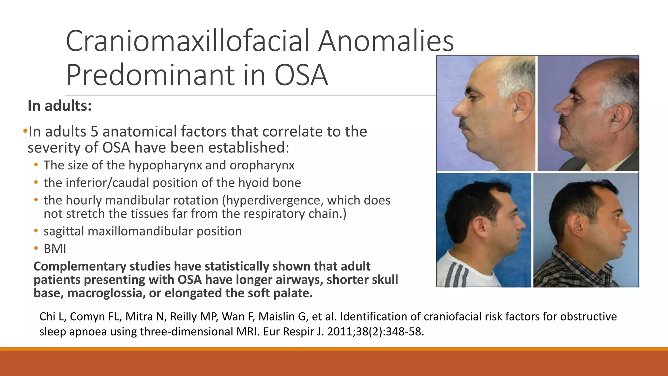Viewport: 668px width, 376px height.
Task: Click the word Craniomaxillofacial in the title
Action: [188, 41]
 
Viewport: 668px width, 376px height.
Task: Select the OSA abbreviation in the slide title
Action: [301, 75]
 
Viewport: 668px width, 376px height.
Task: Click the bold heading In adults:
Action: [60, 106]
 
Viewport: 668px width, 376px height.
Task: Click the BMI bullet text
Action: [55, 249]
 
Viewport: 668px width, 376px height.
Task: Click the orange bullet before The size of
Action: [36, 165]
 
